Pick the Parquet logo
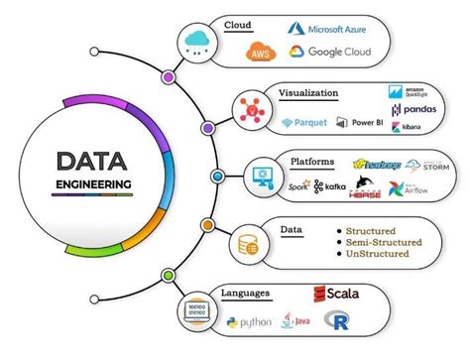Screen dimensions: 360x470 (x=301, y=124)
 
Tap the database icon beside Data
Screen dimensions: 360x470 (x=245, y=242)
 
